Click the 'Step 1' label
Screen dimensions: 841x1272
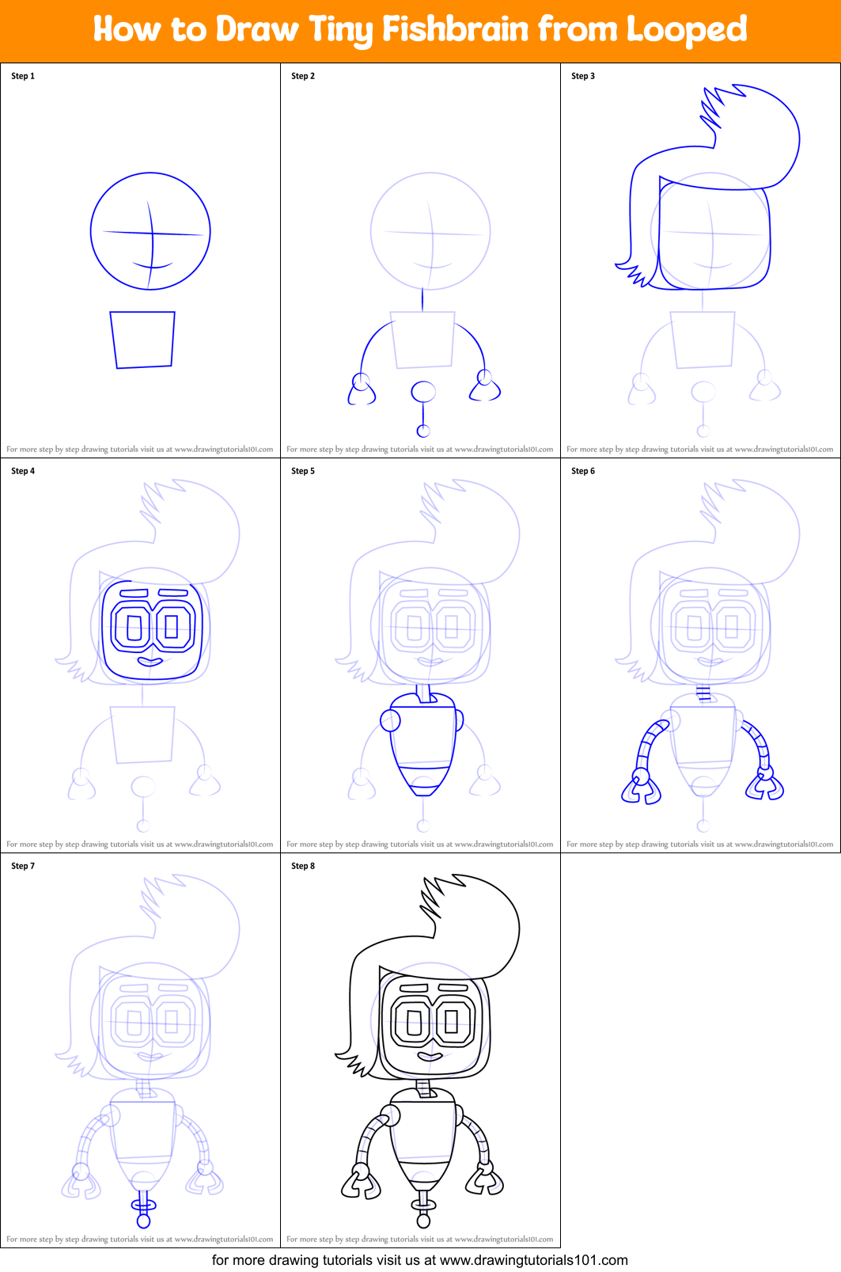tap(23, 76)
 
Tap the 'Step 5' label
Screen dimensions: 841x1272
tap(303, 471)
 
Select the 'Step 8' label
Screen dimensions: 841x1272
tap(303, 866)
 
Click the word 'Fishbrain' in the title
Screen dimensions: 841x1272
tap(456, 30)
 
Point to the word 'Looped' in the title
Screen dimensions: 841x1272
tap(686, 30)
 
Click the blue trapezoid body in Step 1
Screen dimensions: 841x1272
tap(143, 340)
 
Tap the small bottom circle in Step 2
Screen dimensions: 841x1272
tap(423, 431)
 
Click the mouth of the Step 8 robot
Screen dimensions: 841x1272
tap(430, 1056)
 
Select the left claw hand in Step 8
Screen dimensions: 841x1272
tap(360, 1183)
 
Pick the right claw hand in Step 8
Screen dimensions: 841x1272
tap(485, 1179)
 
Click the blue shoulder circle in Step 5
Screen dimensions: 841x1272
tap(390, 720)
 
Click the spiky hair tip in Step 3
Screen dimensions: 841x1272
tap(712, 107)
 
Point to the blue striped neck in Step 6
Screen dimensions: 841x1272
tap(703, 694)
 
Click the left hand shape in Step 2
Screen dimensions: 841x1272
tap(362, 391)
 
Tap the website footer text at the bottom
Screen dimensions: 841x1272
tap(419, 1259)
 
